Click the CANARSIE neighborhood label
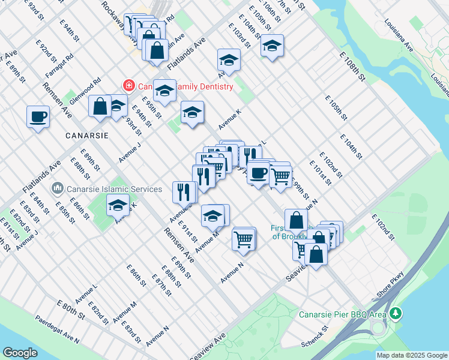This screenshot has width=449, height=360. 87,136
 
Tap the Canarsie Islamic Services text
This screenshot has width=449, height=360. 115,189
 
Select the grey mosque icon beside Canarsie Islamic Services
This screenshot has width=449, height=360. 58,189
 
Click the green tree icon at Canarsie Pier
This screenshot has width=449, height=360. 395,313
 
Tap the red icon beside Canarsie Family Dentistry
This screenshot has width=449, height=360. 128,86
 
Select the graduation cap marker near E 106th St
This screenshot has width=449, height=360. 272,46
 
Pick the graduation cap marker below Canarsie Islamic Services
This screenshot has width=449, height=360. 118,205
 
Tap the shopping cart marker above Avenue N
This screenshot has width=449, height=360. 243,239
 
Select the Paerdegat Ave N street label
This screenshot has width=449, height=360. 57,330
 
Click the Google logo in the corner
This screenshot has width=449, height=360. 20,353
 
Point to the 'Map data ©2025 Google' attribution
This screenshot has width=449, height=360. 412,355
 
